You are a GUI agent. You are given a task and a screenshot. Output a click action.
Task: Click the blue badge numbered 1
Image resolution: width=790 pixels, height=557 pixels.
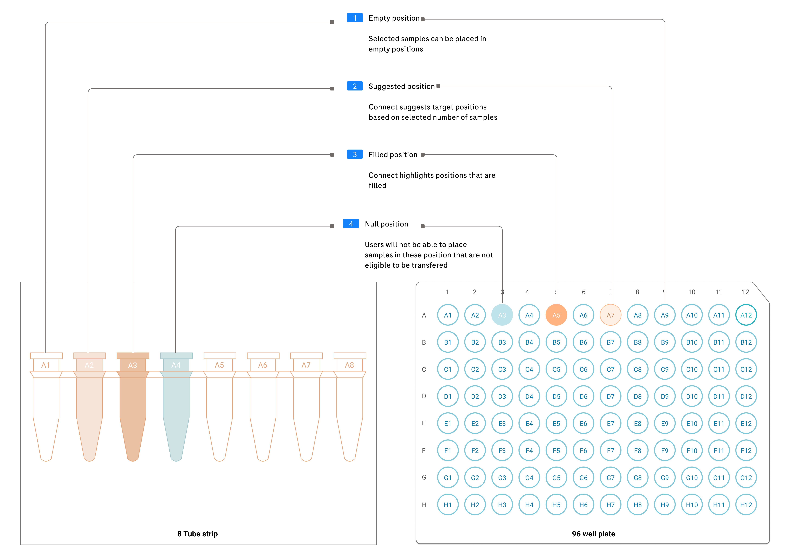pyautogui.click(x=354, y=18)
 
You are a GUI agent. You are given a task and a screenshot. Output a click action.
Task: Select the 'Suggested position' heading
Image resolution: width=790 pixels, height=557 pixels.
pyautogui.click(x=401, y=86)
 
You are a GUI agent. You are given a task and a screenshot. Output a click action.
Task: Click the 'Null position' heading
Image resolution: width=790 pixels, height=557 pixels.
pyautogui.click(x=386, y=224)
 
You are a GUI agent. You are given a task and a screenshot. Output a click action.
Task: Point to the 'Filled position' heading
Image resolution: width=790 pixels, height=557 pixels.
pyautogui.click(x=393, y=155)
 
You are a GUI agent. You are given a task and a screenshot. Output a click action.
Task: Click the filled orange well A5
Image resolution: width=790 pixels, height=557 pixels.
pyautogui.click(x=556, y=315)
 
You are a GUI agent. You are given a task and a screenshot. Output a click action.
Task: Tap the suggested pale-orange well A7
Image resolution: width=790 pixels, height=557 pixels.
pyautogui.click(x=610, y=315)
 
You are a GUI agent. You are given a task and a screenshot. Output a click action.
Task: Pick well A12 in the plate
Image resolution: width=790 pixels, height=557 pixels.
pyautogui.click(x=746, y=315)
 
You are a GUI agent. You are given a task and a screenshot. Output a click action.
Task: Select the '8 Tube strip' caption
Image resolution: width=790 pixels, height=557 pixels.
pyautogui.click(x=197, y=534)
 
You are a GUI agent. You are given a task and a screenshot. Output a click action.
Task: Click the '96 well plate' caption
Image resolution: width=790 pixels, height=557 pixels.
pyautogui.click(x=593, y=534)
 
